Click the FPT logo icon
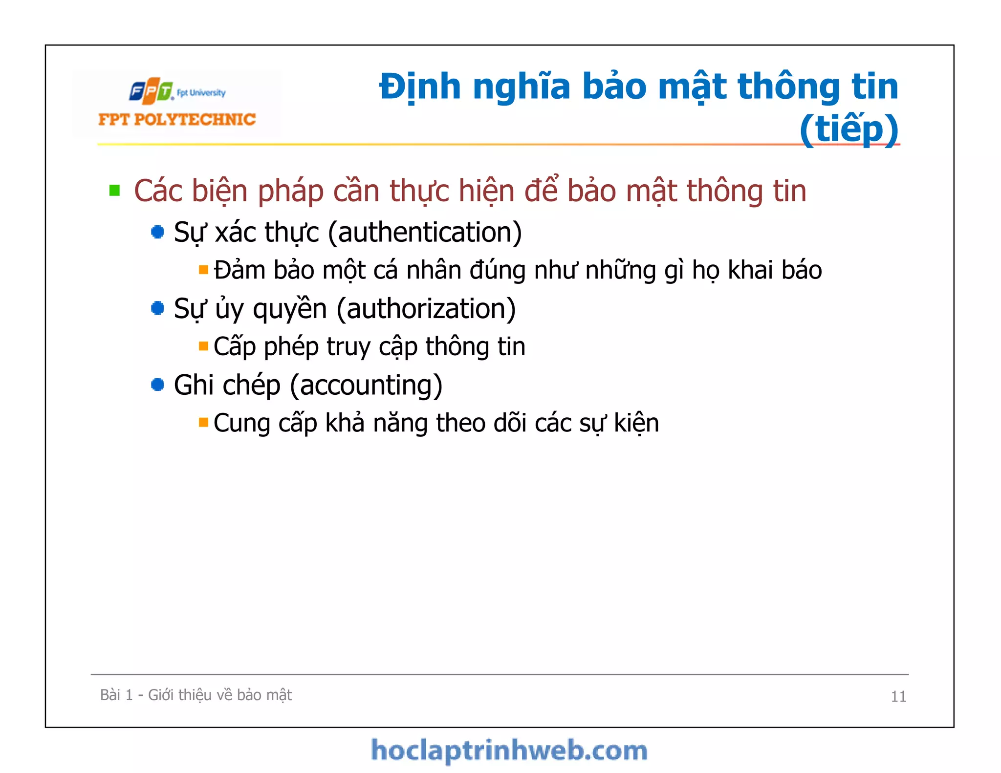[151, 91]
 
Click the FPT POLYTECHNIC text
[177, 120]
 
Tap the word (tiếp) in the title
[849, 129]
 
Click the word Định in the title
[420, 87]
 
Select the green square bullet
[115, 190]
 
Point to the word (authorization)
[426, 309]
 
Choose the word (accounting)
[366, 385]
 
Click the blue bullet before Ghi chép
[157, 385]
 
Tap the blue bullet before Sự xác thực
[157, 232]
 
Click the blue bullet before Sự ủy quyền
[157, 308]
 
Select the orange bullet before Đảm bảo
[203, 270]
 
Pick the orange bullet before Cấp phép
[203, 346]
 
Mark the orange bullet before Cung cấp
[203, 422]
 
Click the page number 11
[898, 696]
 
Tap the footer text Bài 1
[116, 695]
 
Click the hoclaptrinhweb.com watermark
[509, 751]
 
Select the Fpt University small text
[201, 93]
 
